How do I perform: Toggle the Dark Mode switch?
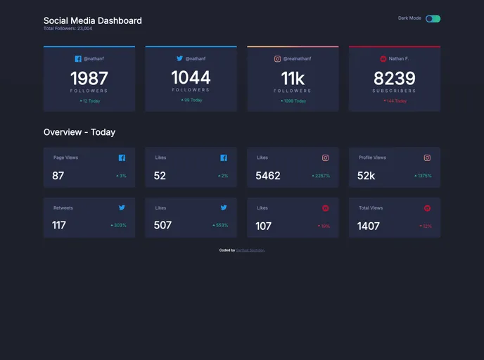(x=433, y=18)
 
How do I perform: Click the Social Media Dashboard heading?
(x=92, y=20)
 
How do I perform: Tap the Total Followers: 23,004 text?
(x=68, y=29)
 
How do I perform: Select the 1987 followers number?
(x=89, y=78)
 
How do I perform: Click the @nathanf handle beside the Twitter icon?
(x=196, y=59)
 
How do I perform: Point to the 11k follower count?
(x=293, y=78)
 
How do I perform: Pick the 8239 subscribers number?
(x=394, y=78)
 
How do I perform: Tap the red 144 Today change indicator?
(x=395, y=101)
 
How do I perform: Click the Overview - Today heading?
(x=79, y=132)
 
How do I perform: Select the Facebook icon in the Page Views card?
(x=122, y=158)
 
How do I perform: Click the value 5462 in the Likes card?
(x=268, y=176)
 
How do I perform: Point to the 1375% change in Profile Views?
(x=423, y=176)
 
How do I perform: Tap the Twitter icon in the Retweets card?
(x=122, y=208)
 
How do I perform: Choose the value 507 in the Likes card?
(x=163, y=226)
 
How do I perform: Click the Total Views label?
(x=371, y=208)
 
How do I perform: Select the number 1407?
(x=369, y=226)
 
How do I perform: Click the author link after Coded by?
(x=250, y=250)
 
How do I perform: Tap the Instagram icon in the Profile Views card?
(x=427, y=158)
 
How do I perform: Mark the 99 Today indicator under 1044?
(x=191, y=100)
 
